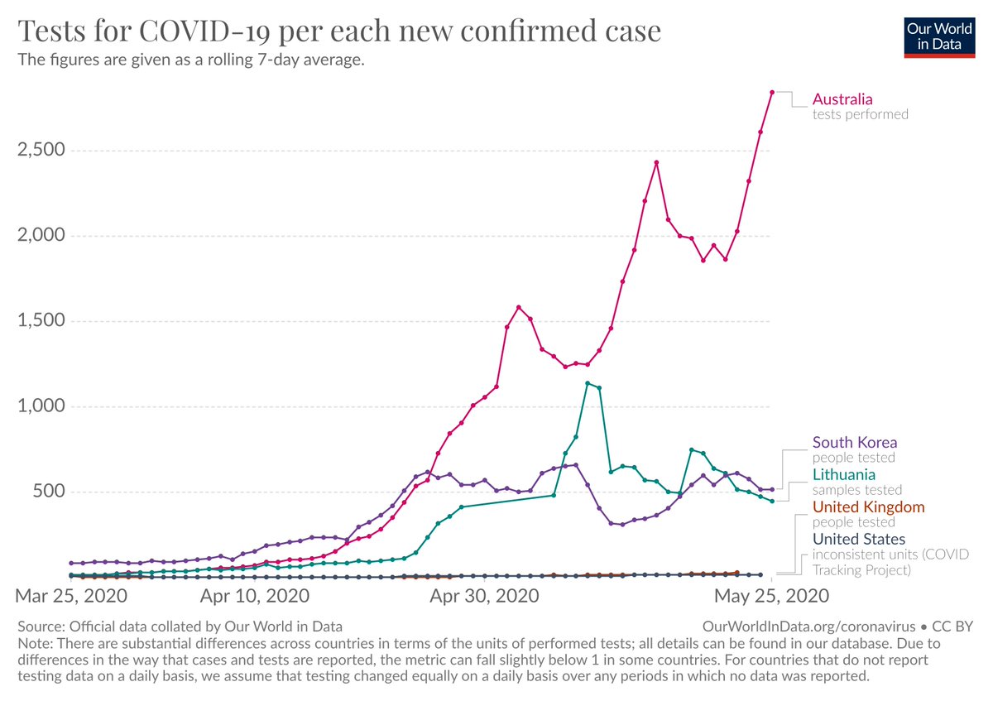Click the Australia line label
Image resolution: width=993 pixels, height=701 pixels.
pos(842,99)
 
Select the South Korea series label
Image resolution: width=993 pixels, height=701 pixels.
pos(855,442)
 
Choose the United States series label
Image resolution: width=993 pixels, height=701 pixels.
pos(859,539)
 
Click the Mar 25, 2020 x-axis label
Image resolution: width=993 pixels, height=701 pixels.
pos(72,595)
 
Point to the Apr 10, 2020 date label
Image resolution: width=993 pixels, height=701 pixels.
pos(254,595)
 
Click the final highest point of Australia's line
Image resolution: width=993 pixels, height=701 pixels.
pos(771,93)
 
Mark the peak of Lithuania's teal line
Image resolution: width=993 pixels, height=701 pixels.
pos(588,383)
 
